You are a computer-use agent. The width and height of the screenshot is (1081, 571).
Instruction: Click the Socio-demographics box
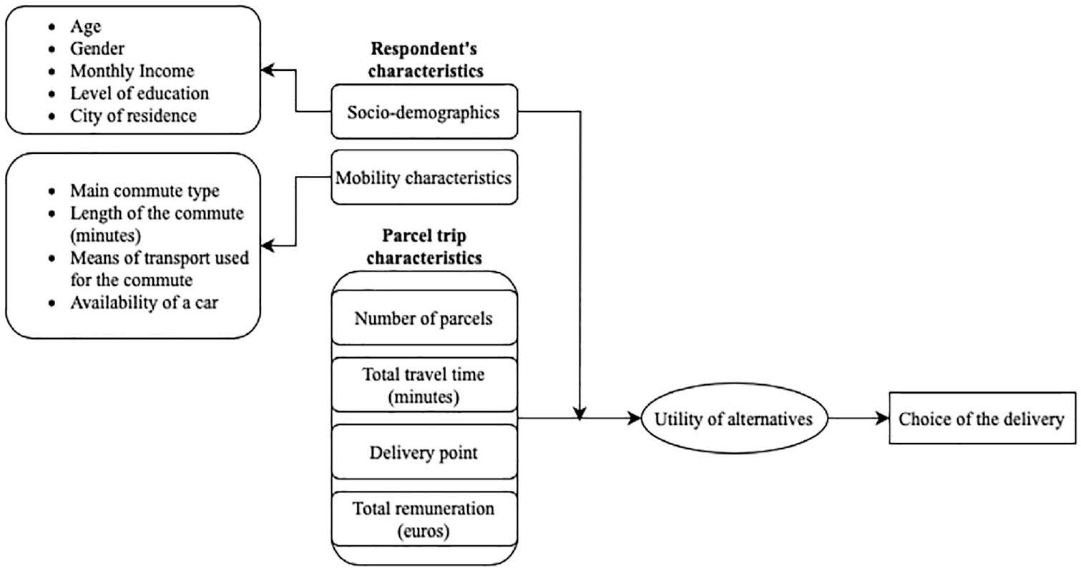click(424, 112)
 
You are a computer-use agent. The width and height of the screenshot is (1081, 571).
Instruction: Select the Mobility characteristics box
click(424, 177)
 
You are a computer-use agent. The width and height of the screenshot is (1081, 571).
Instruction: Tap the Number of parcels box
click(424, 318)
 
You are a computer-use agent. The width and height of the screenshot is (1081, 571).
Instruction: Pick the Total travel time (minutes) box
click(424, 385)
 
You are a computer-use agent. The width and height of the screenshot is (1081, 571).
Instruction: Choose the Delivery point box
click(424, 452)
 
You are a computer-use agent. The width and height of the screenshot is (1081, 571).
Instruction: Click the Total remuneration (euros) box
click(424, 519)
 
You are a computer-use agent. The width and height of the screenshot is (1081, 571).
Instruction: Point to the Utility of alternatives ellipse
click(734, 418)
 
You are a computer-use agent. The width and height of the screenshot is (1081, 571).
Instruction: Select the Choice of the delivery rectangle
click(982, 418)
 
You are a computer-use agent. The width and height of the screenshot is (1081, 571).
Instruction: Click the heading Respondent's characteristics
click(425, 59)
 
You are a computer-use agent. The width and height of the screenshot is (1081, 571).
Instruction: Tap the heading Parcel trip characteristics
click(424, 246)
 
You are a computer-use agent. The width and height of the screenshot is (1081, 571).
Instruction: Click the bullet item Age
click(85, 26)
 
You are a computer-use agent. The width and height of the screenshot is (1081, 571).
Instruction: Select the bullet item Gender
click(97, 48)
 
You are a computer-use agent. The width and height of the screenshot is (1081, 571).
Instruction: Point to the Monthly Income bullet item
click(132, 71)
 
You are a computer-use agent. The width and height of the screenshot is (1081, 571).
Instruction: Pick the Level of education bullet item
click(140, 93)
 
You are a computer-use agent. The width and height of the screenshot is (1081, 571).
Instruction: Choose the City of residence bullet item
click(133, 116)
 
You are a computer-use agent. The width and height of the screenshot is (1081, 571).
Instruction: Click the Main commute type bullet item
click(145, 190)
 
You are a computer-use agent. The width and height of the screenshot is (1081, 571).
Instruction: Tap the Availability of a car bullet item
click(145, 303)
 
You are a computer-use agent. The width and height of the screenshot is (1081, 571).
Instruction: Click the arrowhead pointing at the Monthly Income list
click(268, 70)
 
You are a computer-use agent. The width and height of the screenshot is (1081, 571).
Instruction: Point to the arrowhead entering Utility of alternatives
click(635, 418)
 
